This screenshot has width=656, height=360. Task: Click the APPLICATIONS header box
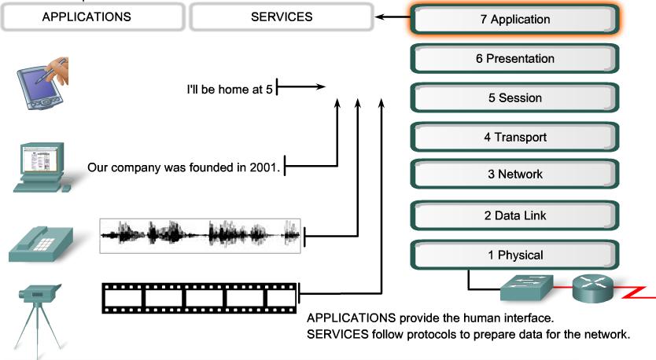click(87, 17)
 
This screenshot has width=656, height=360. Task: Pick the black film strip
click(201, 298)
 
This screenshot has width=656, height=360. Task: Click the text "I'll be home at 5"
click(229, 90)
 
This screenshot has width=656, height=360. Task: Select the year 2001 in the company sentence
click(266, 167)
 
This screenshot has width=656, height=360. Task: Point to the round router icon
click(592, 288)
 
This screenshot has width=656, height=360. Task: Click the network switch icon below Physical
click(526, 288)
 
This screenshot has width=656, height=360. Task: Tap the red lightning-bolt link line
click(637, 293)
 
